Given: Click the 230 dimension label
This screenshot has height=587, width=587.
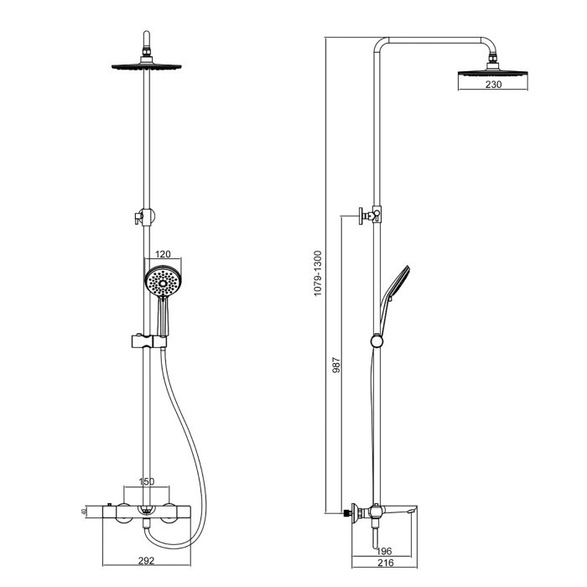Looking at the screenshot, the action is pos(493,85).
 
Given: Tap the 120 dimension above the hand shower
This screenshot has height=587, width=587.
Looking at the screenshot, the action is pos(163,254).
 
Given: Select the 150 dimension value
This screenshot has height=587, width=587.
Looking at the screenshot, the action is pos(147,481).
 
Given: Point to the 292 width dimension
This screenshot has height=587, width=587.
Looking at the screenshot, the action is pos(147,560).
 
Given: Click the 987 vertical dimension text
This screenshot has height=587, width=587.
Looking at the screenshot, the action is pos(336,365).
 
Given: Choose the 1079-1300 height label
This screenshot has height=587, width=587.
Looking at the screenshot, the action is pos(318,273).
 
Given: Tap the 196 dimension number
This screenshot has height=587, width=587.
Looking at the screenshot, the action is pos(384,551).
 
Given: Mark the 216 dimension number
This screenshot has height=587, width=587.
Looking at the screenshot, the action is pos(386,563).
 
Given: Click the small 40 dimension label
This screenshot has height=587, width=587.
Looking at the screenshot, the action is pos(85,511).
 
